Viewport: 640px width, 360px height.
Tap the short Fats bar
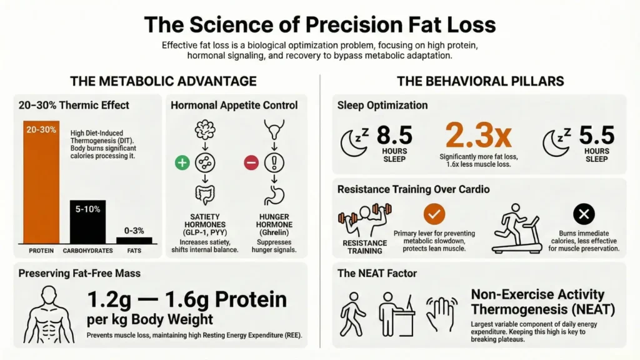pyautogui.click(x=134, y=240)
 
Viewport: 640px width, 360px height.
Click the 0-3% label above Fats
pyautogui.click(x=134, y=231)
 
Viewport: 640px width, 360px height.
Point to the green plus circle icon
pyautogui.click(x=182, y=163)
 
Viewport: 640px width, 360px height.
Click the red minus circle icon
pyautogui.click(x=251, y=163)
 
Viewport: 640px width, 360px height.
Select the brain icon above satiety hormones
pyautogui.click(x=204, y=130)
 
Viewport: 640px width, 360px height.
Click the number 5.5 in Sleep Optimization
pyautogui.click(x=596, y=135)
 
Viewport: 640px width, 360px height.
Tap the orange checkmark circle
pyautogui.click(x=434, y=214)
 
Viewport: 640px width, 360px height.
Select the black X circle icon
pyautogui.click(x=584, y=215)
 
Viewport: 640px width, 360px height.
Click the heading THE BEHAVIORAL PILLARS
pyautogui.click(x=480, y=81)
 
